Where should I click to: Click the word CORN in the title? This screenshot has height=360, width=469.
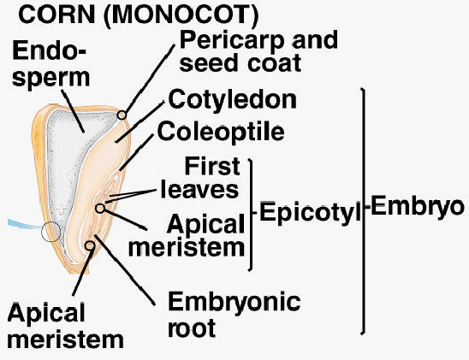56,14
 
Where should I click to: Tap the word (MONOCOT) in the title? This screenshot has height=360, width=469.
181,15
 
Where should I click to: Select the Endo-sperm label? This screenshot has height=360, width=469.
50,64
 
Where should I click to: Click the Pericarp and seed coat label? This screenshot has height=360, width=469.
258,51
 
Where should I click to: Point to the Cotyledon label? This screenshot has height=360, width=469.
233,99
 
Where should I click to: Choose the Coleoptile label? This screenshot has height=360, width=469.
221,132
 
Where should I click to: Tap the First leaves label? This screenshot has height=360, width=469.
200,179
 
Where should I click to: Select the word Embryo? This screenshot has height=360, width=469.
418,206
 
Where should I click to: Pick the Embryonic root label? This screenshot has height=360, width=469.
234,315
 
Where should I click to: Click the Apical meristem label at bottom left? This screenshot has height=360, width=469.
65,325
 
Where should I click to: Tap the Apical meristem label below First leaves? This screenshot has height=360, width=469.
187,236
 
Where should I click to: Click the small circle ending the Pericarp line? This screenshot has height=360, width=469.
122,115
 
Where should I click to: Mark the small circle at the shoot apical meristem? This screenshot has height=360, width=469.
100,209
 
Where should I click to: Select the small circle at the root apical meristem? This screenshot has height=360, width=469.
90,246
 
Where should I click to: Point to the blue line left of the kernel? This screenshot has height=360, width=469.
26,224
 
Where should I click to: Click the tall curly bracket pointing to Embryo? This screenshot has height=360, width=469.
364,210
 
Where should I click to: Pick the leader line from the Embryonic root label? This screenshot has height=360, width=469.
125,270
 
